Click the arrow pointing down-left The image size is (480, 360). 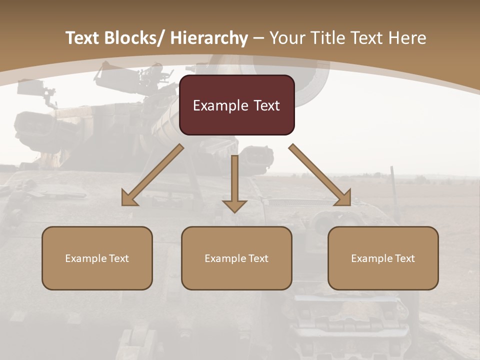[x=152, y=175]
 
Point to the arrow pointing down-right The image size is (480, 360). [x=320, y=175]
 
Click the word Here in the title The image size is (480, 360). [x=407, y=38]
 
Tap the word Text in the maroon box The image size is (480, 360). [x=264, y=105]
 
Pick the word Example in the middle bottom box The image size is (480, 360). [x=224, y=258]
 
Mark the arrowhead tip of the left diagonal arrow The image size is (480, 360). [x=123, y=204]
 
